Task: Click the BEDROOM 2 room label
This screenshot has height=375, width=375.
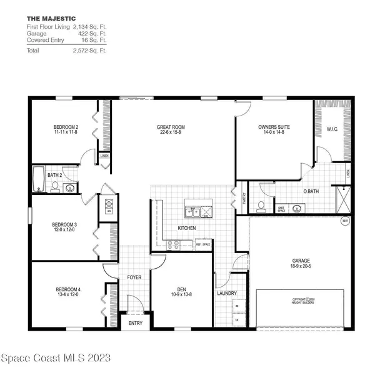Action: (66, 127)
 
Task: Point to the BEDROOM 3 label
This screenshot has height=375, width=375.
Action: (64, 224)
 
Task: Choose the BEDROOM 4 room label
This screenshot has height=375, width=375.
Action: (68, 289)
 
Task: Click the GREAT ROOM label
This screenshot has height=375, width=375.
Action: (171, 127)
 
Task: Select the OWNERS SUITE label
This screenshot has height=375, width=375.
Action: (274, 127)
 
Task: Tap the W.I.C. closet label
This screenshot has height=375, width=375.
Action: (332, 130)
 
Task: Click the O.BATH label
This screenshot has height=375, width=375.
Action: (311, 192)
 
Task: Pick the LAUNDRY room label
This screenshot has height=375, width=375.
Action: (225, 292)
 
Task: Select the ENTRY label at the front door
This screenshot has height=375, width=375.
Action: (136, 323)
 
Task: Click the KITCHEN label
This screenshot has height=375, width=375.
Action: (187, 228)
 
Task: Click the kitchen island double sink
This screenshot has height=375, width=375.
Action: (198, 209)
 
